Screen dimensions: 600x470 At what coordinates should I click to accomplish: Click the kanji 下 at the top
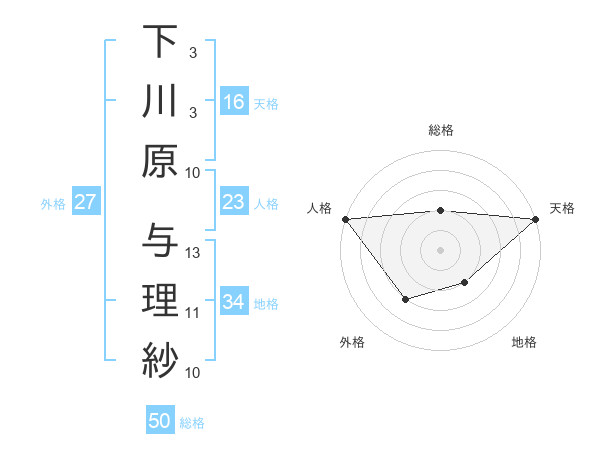159,41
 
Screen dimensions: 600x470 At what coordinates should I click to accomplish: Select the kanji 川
159,101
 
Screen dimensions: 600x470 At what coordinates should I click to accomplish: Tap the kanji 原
159,161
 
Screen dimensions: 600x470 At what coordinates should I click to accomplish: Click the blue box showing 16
233,101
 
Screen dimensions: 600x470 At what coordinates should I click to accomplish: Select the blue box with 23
233,202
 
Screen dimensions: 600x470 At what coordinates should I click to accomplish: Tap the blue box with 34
233,302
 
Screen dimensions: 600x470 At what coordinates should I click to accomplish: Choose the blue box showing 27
85,202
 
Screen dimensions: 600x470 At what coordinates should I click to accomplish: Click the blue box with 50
160,421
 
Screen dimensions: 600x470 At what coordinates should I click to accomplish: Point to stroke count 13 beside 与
194,252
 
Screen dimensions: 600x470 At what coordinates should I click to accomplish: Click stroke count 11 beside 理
193,313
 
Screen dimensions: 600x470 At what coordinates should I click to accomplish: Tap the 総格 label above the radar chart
440,130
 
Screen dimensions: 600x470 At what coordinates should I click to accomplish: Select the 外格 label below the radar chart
351,343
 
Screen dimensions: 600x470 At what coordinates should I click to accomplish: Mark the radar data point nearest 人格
345,219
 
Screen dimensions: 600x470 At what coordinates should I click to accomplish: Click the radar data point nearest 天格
537,220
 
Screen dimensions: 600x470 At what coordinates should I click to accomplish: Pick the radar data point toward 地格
465,284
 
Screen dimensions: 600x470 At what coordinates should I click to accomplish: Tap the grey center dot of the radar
440,249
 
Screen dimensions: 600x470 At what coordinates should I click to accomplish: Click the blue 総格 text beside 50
192,423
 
